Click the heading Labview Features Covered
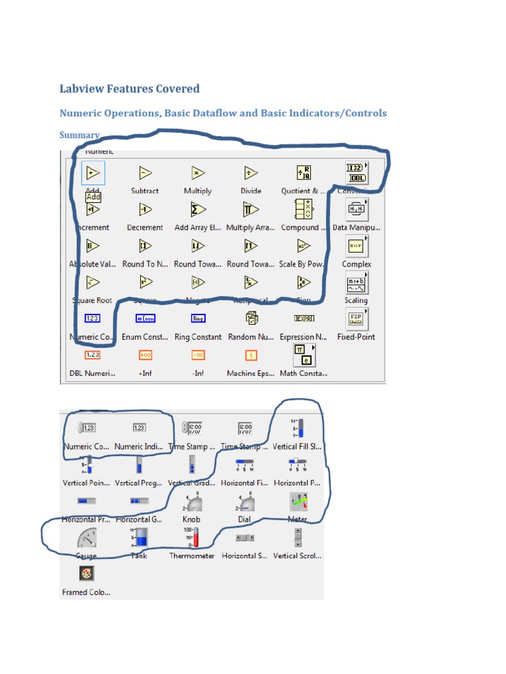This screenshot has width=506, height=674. (x=129, y=89)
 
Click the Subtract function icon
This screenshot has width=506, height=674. (x=145, y=173)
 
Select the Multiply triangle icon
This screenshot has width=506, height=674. (x=198, y=173)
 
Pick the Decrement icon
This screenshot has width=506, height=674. (x=145, y=209)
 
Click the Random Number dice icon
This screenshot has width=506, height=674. (x=251, y=319)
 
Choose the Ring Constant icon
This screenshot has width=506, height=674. (x=198, y=319)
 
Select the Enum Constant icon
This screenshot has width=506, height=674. (x=145, y=319)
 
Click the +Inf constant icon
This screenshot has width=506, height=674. (x=145, y=355)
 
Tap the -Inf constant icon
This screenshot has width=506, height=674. (x=198, y=355)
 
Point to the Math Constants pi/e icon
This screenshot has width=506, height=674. (x=303, y=355)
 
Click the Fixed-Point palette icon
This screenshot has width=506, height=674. (x=356, y=319)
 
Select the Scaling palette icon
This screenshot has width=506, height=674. (x=356, y=283)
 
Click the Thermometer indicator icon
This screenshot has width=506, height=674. (x=192, y=538)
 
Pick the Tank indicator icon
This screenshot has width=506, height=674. (x=139, y=538)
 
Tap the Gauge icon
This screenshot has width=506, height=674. (x=86, y=538)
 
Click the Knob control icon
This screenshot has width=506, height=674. (x=192, y=502)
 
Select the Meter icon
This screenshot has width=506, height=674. (x=298, y=502)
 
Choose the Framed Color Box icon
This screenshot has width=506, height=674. (x=86, y=574)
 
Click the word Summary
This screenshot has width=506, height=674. (x=79, y=135)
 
